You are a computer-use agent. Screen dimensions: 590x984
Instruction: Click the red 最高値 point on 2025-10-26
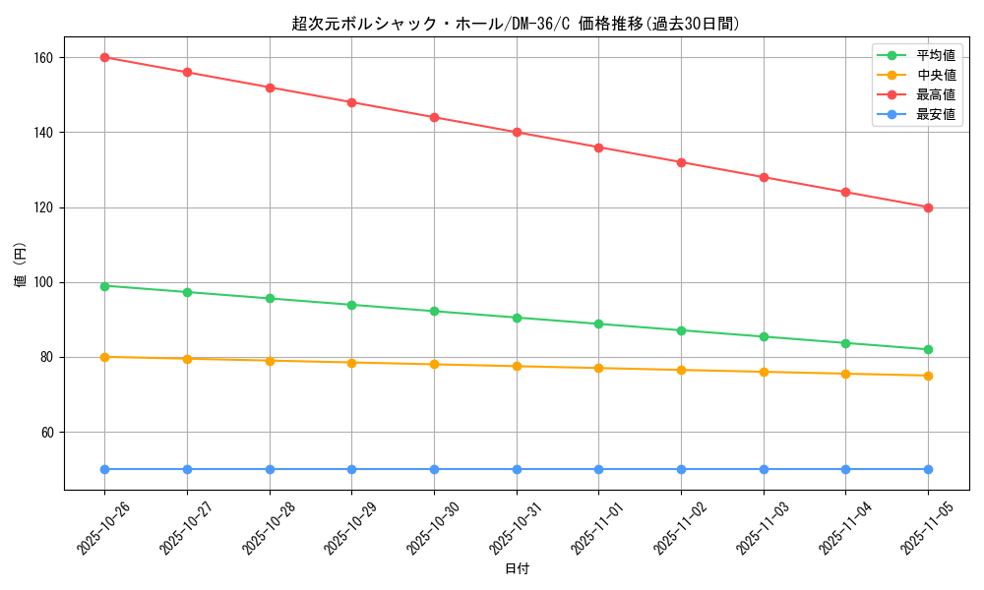point(104,57)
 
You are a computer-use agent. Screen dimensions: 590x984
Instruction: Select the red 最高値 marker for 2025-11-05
point(928,207)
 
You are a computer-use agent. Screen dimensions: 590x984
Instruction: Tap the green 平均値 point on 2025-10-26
point(104,286)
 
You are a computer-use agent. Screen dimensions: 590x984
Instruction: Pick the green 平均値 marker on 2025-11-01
point(598,324)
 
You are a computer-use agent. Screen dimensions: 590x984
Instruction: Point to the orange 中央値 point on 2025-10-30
point(434,364)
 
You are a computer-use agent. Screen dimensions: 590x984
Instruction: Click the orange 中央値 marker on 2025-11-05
point(928,376)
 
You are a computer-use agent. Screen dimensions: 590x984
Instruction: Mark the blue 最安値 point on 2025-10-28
point(270,469)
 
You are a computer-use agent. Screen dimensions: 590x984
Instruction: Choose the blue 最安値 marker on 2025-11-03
point(764,469)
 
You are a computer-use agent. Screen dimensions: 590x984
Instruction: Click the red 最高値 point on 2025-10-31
point(517,132)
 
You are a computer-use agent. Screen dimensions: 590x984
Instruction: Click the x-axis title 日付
point(517,568)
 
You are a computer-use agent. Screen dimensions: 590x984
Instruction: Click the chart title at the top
point(517,24)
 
